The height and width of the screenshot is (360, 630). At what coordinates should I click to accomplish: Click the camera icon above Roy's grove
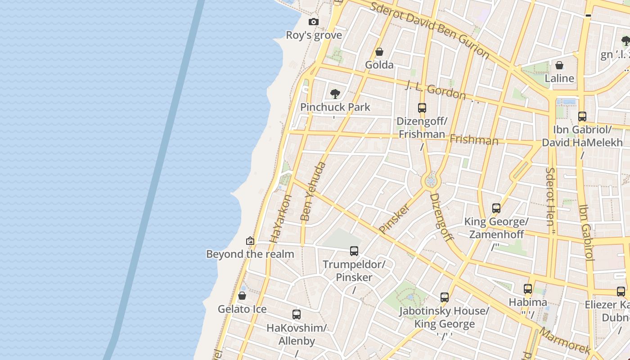(x=314, y=22)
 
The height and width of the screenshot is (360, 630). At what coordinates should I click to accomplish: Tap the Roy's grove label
(x=314, y=35)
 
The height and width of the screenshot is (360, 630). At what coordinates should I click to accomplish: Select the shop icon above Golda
(x=379, y=52)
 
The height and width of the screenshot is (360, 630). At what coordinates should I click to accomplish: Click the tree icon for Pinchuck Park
(x=335, y=94)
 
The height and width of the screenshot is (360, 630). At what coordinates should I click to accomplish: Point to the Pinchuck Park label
(x=335, y=107)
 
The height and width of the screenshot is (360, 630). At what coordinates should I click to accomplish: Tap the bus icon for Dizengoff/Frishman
(x=422, y=108)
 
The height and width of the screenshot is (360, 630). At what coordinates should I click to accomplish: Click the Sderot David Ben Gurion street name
(x=429, y=29)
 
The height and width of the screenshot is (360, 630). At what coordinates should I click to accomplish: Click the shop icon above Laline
(x=559, y=66)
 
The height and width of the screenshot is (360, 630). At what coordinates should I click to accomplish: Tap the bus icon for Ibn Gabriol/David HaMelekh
(x=582, y=117)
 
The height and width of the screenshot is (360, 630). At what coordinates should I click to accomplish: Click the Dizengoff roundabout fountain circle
(x=431, y=181)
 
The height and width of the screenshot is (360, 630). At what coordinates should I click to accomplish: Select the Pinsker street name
(x=395, y=219)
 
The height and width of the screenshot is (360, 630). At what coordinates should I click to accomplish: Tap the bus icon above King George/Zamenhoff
(x=496, y=208)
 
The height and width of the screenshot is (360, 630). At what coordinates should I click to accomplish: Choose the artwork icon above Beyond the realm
(x=250, y=241)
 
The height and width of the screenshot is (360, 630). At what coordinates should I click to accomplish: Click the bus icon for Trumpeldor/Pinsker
(x=354, y=251)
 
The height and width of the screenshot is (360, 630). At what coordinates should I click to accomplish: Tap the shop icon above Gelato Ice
(x=242, y=296)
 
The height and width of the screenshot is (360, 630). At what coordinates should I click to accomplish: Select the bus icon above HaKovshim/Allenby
(x=297, y=315)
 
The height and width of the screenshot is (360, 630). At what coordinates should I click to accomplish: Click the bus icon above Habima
(x=528, y=289)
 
